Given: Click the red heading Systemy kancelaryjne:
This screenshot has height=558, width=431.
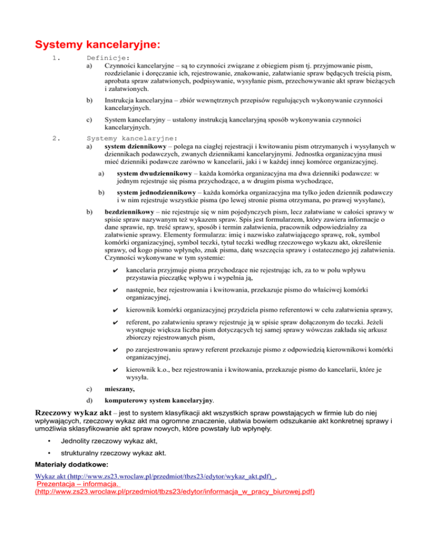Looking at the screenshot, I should click(x=97, y=43).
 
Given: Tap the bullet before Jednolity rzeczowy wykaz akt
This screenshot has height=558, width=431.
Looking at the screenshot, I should click(x=51, y=440).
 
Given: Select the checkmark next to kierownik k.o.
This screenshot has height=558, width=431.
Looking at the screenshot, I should click(x=115, y=371).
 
